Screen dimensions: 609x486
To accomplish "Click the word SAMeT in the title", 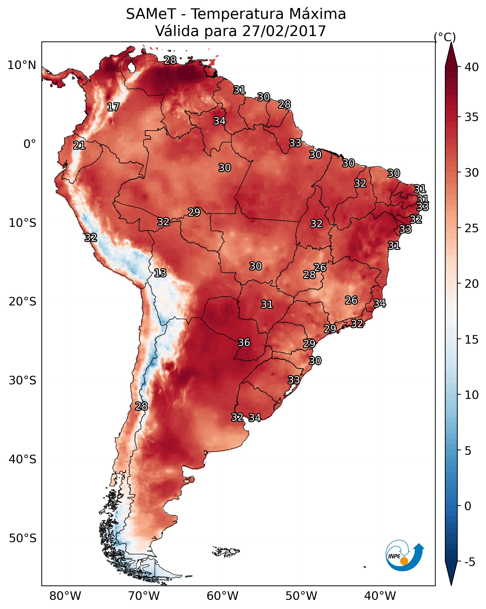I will [x=151, y=14].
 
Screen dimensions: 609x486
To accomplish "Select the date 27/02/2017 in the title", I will [x=284, y=31].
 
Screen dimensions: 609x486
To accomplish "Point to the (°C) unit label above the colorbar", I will [x=445, y=37].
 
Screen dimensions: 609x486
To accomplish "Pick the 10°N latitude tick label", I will [x=22, y=65].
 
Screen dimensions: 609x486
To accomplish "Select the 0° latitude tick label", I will [x=30, y=144].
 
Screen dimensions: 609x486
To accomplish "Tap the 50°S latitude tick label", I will [x=23, y=538].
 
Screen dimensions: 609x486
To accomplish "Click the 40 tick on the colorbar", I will [x=472, y=67].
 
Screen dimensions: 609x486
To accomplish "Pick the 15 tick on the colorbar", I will [x=472, y=340].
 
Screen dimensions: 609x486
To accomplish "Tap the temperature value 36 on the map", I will [x=244, y=343].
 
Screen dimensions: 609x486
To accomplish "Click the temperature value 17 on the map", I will [x=113, y=107].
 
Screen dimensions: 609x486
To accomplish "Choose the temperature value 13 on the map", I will [x=160, y=273].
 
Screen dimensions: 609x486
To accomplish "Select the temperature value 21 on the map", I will [x=79, y=146].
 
